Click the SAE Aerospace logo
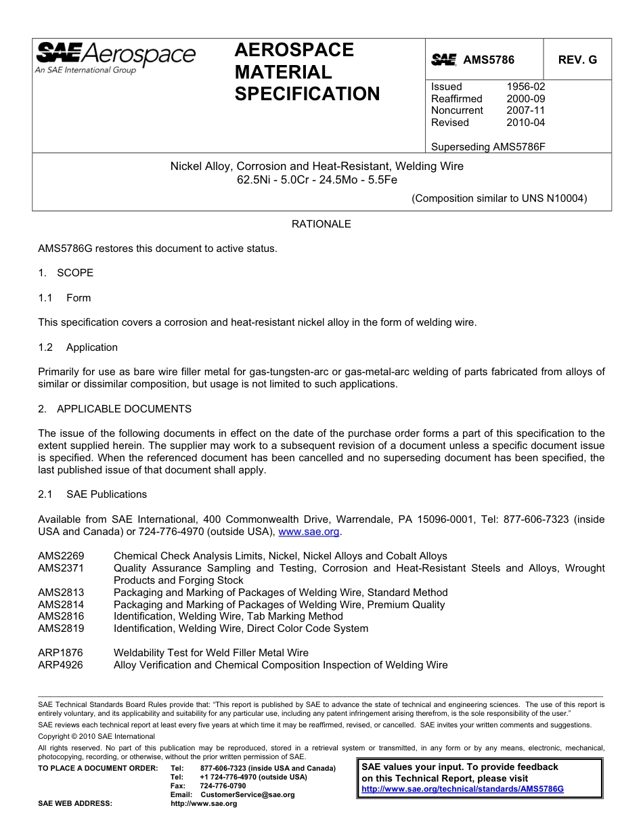click(x=115, y=57)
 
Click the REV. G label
click(x=577, y=60)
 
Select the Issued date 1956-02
click(x=525, y=87)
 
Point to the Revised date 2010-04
click(x=525, y=123)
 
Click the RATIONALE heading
click(x=321, y=223)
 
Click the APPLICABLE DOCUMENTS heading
click(x=124, y=409)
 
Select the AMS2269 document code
click(x=61, y=556)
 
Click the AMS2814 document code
click(x=61, y=605)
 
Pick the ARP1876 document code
click(x=61, y=653)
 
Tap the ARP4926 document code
click(x=61, y=665)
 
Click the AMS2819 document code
click(x=61, y=628)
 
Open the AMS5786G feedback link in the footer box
click(x=462, y=789)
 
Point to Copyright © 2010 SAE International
click(x=96, y=736)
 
